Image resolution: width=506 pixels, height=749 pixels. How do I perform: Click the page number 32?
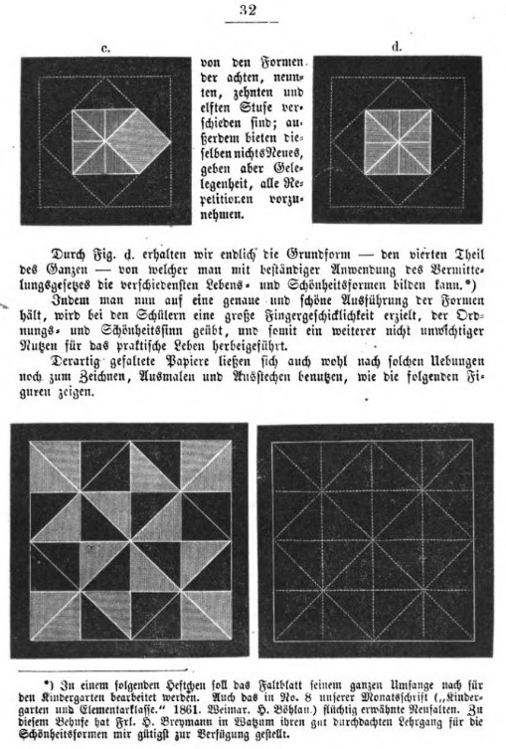250,12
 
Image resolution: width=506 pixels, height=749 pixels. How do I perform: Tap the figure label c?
105,47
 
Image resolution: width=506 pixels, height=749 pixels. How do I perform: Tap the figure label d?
396,46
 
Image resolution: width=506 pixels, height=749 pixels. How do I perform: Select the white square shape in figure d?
397,138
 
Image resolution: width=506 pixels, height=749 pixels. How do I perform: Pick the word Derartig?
70,365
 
